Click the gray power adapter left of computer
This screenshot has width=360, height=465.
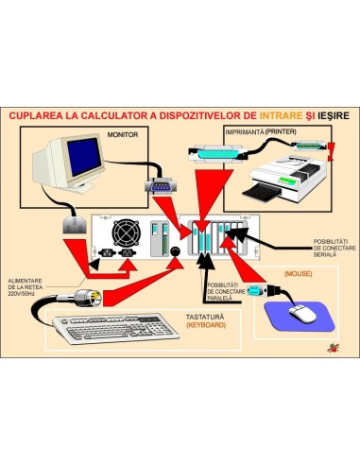[72, 227]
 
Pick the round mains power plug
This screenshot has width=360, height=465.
[83, 295]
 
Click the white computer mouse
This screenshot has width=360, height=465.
[301, 313]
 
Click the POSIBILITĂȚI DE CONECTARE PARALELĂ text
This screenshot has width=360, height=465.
[225, 290]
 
